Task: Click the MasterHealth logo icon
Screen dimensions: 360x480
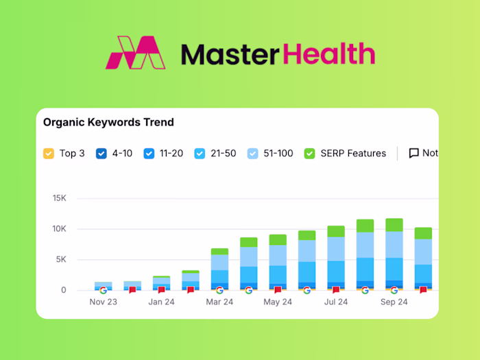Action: [x=136, y=53]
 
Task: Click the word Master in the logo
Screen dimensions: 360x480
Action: [x=222, y=53]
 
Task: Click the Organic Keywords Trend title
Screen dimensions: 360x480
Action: [x=108, y=123]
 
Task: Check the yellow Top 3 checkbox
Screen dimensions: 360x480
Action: [x=49, y=154]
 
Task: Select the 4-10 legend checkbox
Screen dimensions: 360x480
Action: [x=101, y=154]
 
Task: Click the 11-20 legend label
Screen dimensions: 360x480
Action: [x=171, y=154]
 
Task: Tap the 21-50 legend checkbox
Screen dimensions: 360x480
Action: [x=200, y=154]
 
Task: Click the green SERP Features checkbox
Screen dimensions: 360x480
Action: [x=309, y=154]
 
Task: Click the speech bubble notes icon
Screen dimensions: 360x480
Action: [x=413, y=154]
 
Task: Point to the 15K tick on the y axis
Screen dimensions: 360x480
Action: [x=59, y=198]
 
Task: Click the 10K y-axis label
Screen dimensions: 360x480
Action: [x=59, y=229]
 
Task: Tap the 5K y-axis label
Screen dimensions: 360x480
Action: [x=61, y=260]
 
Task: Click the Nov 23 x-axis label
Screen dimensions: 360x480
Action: [x=104, y=302]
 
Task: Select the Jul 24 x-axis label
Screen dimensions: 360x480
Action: [x=336, y=302]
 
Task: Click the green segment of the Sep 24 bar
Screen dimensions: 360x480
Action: [x=394, y=225]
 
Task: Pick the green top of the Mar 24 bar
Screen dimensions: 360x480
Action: [x=219, y=252]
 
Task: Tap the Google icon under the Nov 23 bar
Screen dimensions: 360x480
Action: [x=104, y=290]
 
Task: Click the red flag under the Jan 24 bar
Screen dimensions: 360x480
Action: [x=162, y=290]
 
